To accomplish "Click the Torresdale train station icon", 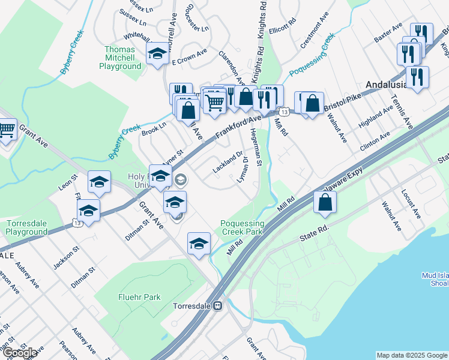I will (x=219, y=305).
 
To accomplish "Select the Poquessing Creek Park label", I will (x=242, y=227).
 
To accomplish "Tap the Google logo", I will (x=20, y=352).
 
